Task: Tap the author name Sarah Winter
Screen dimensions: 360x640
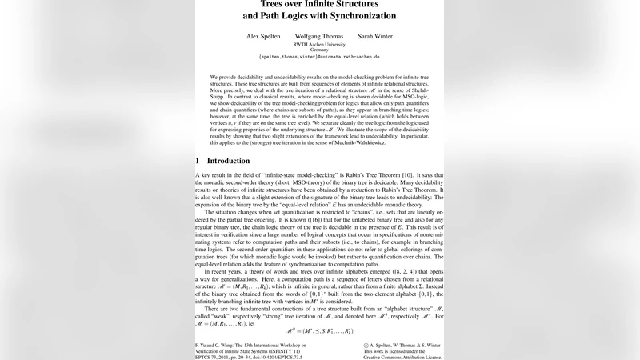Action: coord(374,36)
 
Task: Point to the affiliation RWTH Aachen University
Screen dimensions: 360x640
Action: coord(319,44)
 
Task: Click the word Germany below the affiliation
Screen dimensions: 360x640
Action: coord(319,50)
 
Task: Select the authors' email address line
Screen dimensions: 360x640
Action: coord(319,58)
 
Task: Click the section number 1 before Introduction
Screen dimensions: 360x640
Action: coord(198,161)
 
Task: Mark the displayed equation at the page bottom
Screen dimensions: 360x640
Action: coord(319,330)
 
